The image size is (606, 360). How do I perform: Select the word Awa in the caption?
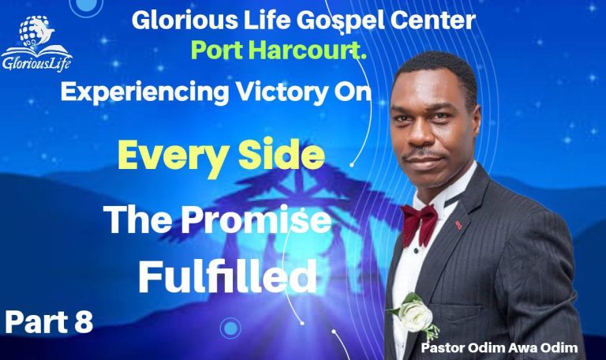tap(525, 345)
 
